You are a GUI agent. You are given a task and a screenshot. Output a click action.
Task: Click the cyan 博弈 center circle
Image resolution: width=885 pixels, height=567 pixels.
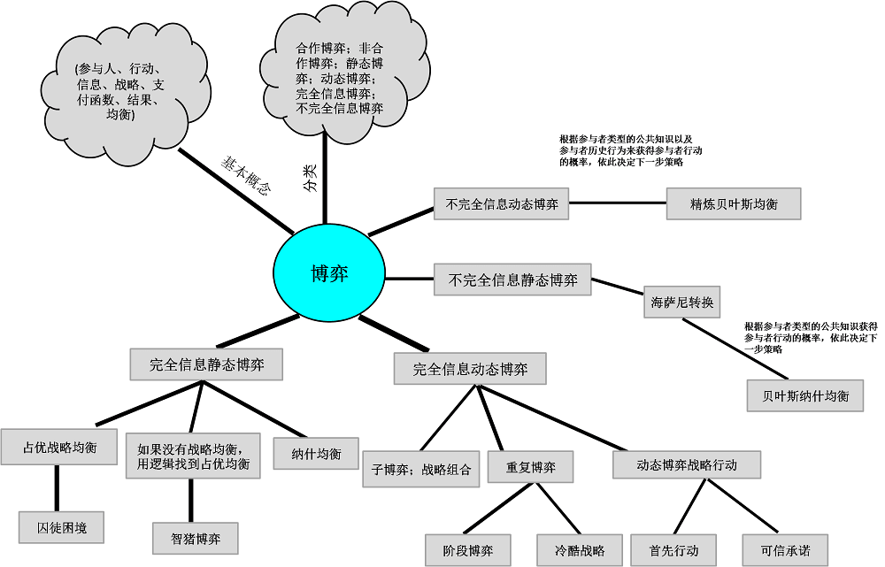329,273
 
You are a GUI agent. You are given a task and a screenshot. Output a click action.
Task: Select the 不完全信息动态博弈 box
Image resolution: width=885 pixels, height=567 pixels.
501,203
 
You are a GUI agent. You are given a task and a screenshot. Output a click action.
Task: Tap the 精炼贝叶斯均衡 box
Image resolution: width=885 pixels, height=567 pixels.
734,203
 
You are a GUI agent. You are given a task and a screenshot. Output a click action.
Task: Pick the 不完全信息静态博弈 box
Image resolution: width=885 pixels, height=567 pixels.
512,280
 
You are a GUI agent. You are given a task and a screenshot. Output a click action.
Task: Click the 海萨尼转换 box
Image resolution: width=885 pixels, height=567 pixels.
682,303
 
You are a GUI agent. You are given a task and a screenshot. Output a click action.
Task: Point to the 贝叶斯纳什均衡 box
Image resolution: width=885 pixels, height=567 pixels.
805,395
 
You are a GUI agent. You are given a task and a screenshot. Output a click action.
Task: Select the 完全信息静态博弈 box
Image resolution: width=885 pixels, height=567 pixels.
206,364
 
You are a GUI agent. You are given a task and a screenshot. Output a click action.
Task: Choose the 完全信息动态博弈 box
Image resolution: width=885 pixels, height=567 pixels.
470,369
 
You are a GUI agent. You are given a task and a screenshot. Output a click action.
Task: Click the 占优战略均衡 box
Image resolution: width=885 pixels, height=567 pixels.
59,447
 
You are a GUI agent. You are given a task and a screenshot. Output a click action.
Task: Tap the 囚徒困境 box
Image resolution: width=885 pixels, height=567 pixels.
62,527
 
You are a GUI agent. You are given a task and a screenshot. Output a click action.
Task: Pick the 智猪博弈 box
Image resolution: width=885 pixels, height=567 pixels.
196,538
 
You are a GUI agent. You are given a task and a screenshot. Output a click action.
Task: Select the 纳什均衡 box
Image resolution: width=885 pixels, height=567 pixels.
316,454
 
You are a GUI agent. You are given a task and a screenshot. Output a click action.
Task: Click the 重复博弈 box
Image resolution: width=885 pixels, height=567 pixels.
530,467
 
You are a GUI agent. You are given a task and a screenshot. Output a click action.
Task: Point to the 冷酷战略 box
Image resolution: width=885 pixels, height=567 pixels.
580,550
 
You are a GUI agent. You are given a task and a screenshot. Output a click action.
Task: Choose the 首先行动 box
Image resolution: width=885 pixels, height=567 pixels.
673,550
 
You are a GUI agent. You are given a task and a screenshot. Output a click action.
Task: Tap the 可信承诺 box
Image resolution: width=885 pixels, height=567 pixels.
785,550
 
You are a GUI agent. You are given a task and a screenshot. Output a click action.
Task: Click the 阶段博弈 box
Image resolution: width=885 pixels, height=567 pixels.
468,550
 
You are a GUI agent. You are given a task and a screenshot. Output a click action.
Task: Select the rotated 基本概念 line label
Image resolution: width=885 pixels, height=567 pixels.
245,175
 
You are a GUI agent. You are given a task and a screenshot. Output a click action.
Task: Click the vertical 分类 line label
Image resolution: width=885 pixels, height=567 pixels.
310,179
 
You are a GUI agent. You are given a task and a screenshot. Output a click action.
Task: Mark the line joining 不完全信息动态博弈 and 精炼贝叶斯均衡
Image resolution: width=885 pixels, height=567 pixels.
618,203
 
